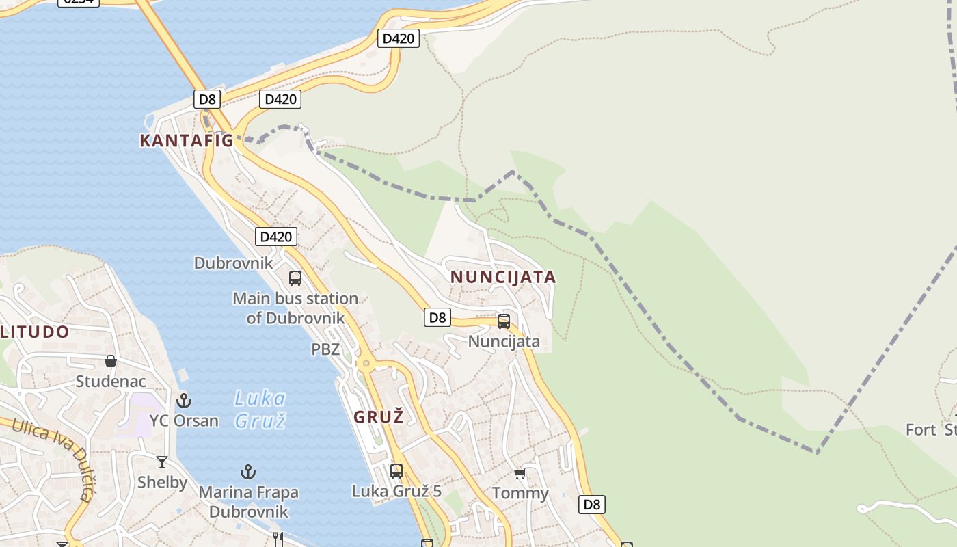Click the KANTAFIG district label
(187, 141)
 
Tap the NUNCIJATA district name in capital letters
(503, 277)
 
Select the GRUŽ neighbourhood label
(379, 416)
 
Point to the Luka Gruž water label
(260, 409)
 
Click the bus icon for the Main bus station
(295, 278)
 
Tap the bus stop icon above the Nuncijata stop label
(504, 321)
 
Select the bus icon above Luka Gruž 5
(396, 470)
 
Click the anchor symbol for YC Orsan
(183, 401)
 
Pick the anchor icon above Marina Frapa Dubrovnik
(248, 472)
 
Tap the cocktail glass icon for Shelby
(162, 462)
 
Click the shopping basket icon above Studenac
(111, 361)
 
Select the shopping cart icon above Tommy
(520, 473)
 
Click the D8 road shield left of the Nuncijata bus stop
(437, 317)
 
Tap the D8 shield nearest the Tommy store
(592, 505)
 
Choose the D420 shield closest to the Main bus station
(276, 237)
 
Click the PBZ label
(325, 349)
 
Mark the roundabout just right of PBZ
(366, 363)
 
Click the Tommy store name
(520, 493)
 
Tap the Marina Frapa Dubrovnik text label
(249, 502)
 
